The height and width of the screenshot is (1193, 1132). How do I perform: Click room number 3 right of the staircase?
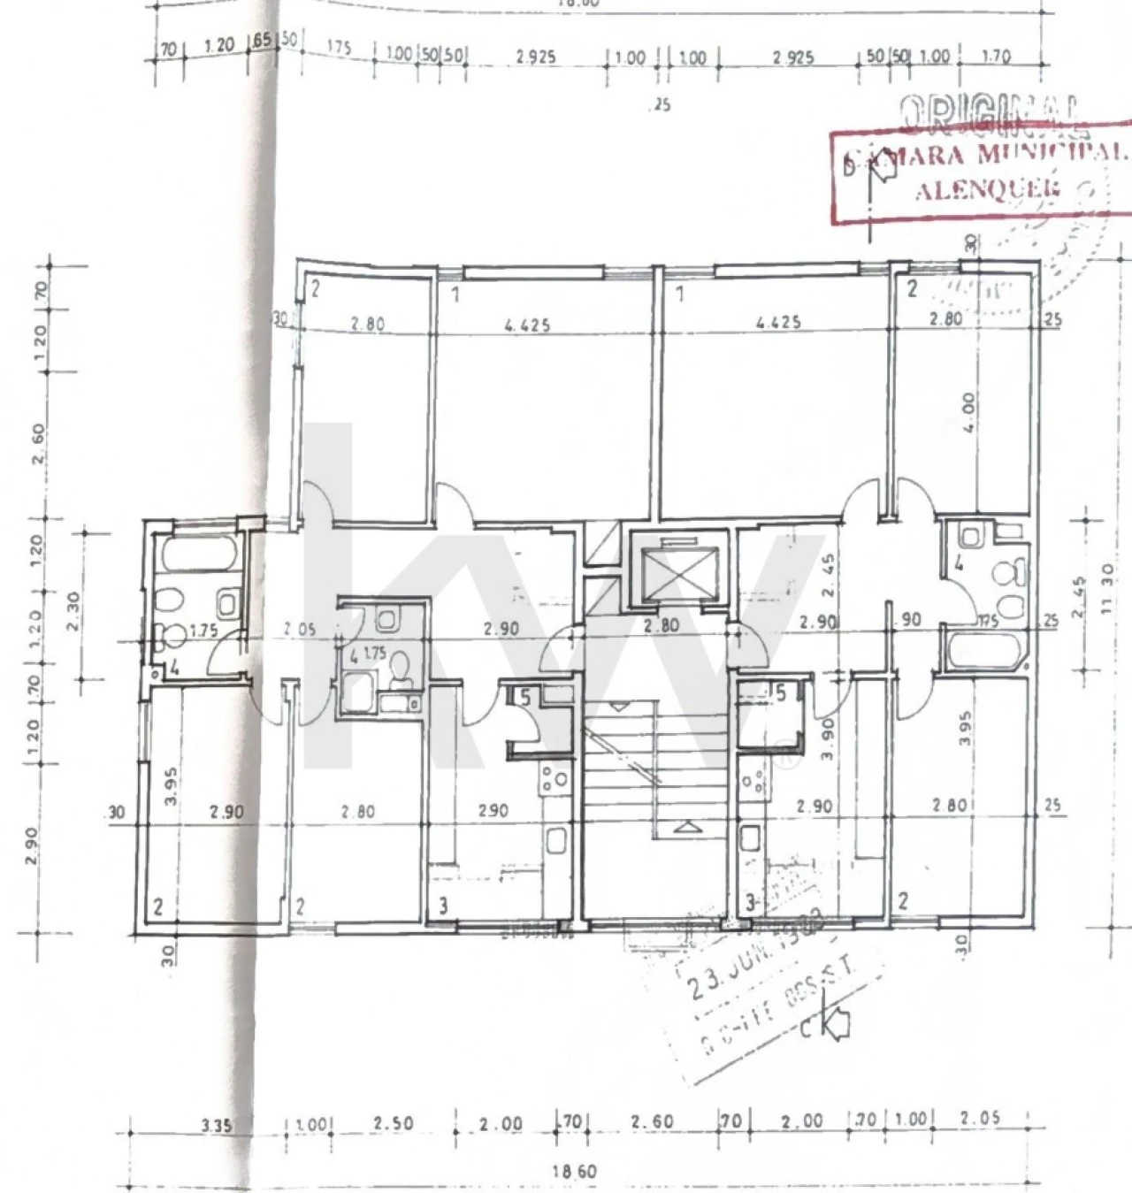click(x=750, y=903)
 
